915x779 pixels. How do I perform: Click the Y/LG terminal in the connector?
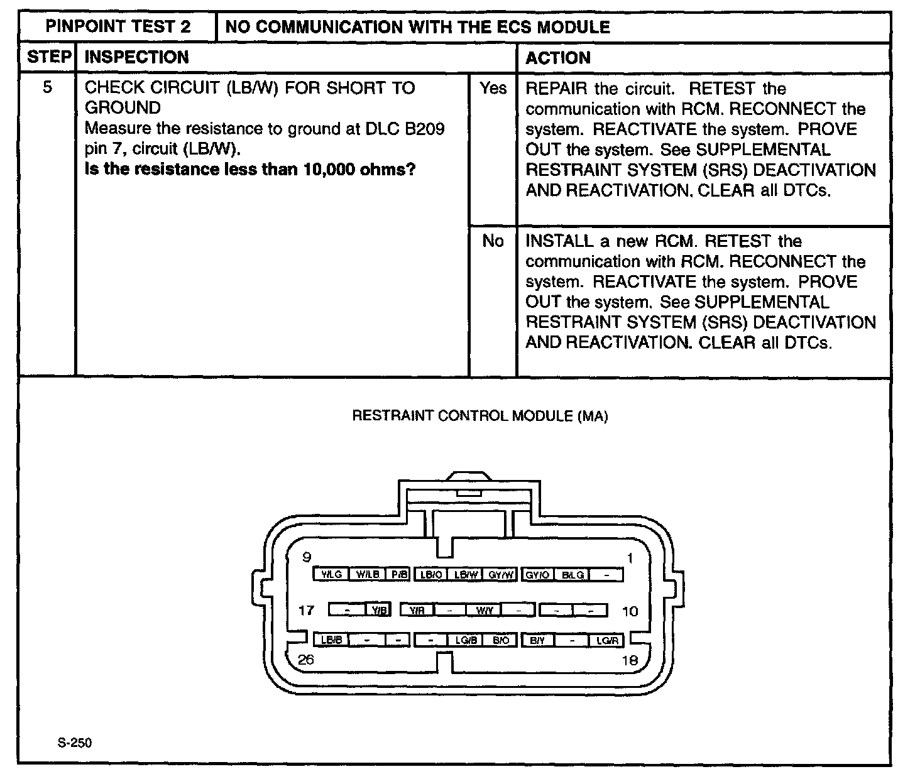coord(331,574)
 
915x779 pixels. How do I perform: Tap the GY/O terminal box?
coord(538,574)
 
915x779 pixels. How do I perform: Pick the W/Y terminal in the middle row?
coord(485,610)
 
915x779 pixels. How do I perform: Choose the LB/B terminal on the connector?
coord(331,640)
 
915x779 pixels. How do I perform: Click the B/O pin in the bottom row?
coord(501,640)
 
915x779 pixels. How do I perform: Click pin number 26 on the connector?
coord(306,659)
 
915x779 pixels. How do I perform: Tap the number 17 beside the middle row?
coord(306,610)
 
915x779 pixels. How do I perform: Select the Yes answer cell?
coord(493,89)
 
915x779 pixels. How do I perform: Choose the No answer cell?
coord(493,241)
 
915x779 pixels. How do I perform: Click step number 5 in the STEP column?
coord(48,87)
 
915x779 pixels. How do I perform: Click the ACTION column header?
coord(558,58)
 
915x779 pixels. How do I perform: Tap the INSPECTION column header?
coord(136,58)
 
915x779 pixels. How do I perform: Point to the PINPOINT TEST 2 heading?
coord(119,27)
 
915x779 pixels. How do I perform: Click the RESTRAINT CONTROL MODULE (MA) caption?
coord(479,416)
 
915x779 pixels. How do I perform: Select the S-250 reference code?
coord(74,743)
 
